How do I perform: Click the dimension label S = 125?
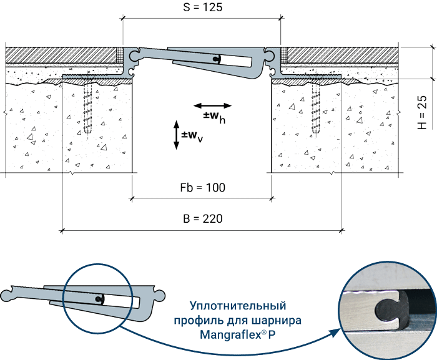point(203,7)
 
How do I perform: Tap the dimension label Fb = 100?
point(203,188)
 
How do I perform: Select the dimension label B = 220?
point(203,219)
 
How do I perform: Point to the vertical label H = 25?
point(422,112)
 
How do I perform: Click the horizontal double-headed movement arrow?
point(213,105)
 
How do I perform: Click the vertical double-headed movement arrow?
point(176,135)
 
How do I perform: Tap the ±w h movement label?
point(214,117)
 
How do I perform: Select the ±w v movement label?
point(192,137)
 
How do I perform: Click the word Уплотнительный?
point(238,306)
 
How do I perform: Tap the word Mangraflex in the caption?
point(230,334)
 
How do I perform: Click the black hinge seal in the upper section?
point(216,59)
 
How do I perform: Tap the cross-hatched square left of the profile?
point(120,55)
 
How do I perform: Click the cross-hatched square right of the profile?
point(283,55)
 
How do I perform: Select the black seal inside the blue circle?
point(100,299)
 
